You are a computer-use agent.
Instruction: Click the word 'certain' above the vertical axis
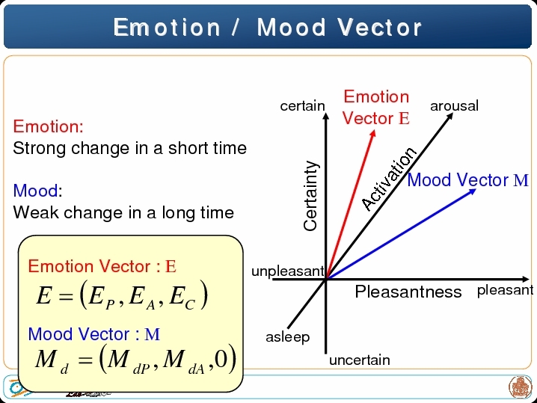tap(302, 106)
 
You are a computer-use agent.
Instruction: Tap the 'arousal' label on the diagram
tap(454, 106)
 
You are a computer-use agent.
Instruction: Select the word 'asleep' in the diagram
tap(288, 337)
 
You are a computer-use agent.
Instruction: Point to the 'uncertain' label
tap(360, 360)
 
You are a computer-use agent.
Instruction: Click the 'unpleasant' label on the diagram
tap(288, 271)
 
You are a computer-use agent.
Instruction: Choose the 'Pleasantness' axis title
tap(408, 292)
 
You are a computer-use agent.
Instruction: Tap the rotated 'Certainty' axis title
tap(311, 195)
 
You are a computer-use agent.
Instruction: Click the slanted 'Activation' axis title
tap(390, 179)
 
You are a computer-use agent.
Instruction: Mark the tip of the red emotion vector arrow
tap(374, 131)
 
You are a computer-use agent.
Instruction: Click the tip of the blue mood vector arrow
tap(476, 190)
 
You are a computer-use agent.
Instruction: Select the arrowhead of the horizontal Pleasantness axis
tap(529, 279)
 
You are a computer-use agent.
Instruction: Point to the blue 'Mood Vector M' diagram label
tap(468, 180)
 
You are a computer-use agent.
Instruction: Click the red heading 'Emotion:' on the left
tap(49, 126)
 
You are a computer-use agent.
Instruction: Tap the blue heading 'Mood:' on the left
tap(37, 191)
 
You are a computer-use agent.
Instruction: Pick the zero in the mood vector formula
tap(221, 359)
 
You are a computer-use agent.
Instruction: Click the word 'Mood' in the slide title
tap(291, 28)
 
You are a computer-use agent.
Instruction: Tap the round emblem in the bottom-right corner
tap(520, 387)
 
